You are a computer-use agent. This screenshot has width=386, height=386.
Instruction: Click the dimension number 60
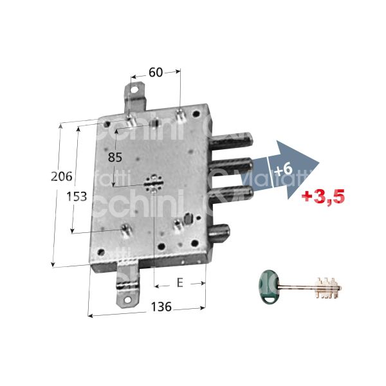[156, 73]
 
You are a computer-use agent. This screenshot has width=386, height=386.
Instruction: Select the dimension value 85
[115, 156]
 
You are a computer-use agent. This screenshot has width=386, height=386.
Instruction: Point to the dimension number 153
[77, 197]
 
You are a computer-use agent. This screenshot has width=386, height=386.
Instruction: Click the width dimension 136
[161, 308]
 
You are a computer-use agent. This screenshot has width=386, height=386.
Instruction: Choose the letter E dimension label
[179, 282]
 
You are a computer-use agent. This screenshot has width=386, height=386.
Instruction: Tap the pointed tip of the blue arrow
[319, 164]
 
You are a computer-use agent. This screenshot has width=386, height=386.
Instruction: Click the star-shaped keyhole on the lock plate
[152, 184]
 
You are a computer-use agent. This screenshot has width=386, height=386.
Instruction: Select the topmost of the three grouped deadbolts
[235, 141]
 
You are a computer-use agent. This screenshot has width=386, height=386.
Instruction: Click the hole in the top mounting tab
[136, 91]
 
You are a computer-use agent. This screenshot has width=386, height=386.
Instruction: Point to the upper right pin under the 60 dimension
[181, 116]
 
